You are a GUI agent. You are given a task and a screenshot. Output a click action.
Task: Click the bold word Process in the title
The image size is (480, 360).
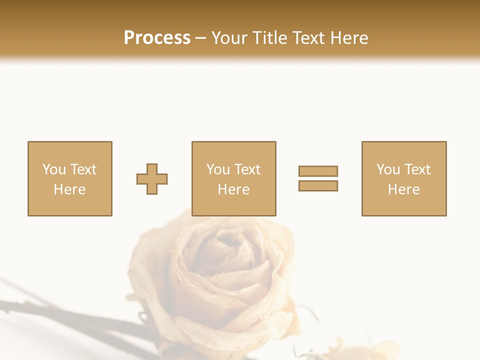coord(157,38)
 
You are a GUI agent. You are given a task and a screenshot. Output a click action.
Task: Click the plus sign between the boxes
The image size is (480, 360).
coord(152,179)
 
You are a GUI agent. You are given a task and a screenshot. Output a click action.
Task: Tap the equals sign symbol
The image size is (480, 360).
coord(318,178)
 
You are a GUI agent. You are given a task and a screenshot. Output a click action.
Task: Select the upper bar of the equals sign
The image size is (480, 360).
coord(318,171)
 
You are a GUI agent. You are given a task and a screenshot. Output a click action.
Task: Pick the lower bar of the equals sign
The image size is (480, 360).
coord(318,186)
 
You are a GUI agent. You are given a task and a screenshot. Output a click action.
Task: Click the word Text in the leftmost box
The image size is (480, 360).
coord(83,169)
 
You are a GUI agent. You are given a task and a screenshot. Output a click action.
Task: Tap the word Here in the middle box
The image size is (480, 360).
coord(233,189)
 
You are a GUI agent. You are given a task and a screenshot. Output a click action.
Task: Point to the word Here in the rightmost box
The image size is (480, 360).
coord(403,189)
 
